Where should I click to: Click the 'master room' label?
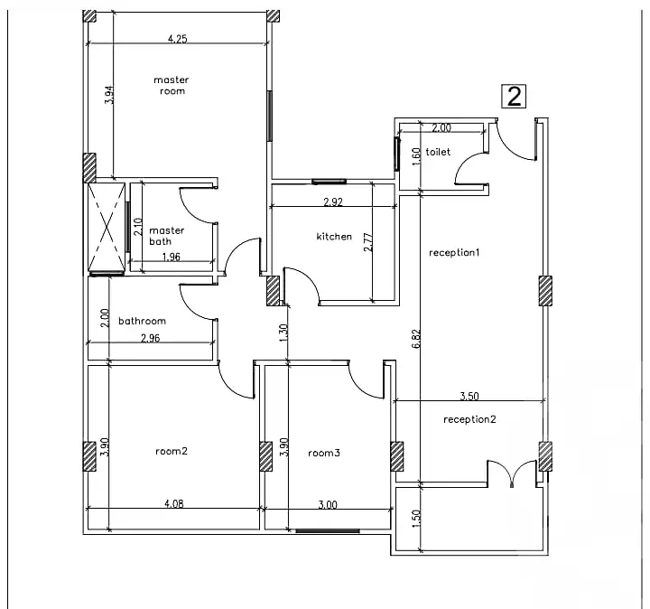pos(171,86)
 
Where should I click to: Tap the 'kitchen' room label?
pos(333,237)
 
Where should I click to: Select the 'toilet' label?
pos(438,153)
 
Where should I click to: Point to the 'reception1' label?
pos(453,252)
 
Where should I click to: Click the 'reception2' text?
pos(469,419)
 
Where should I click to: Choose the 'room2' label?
pos(171,452)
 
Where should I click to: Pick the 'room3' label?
pos(323,453)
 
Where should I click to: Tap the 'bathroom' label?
pos(142,321)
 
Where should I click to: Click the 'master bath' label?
pos(166,236)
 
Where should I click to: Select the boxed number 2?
pos(514,97)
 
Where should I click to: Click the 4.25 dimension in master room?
pos(178,39)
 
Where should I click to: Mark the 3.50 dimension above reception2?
pos(469,396)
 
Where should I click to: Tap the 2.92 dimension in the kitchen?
pos(332,202)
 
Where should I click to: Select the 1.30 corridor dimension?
pos(284,333)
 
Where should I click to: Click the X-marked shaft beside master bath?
pos(106,227)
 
